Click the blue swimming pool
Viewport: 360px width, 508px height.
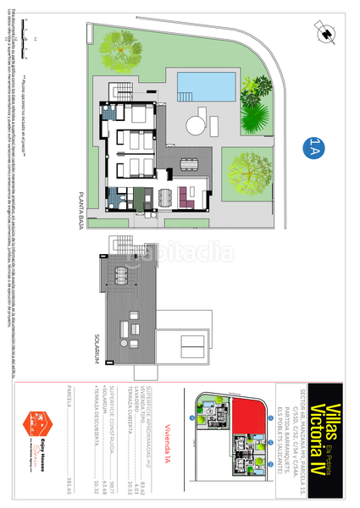(x=206, y=85)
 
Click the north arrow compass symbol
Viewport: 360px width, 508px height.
(x=325, y=32)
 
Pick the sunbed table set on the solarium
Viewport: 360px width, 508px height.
(x=133, y=327)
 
